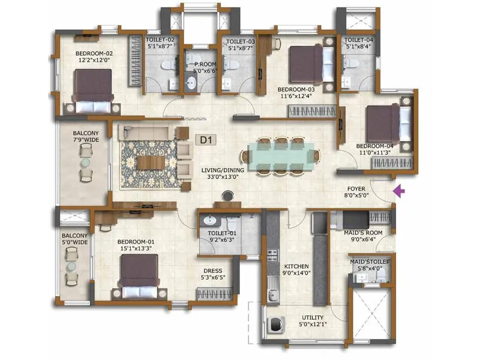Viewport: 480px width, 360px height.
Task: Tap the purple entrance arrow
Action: (x=398, y=191)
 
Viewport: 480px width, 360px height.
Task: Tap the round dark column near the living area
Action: (x=227, y=195)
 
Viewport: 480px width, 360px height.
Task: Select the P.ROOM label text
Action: (x=196, y=66)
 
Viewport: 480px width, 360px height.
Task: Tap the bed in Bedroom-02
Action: (x=93, y=91)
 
